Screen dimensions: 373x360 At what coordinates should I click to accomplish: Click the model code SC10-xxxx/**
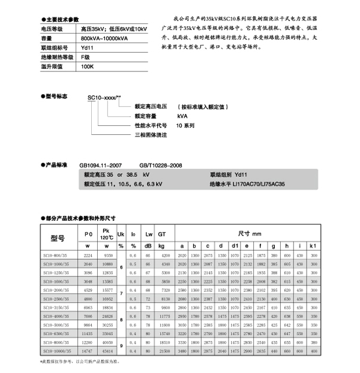105,97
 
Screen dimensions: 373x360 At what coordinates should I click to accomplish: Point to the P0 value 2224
88,254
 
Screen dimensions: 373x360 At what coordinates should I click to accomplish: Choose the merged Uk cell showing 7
121,293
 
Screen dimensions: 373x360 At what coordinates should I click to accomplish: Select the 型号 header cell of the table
57,237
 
